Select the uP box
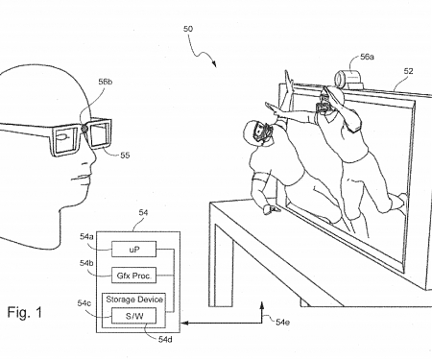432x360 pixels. click(x=135, y=249)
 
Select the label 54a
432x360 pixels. click(x=87, y=236)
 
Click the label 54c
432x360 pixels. click(x=85, y=304)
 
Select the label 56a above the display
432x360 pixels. click(x=366, y=58)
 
